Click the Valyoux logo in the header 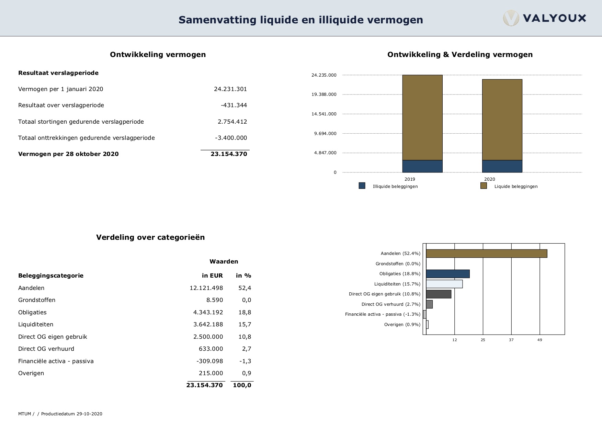tap(545, 18)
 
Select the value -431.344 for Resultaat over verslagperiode tap(234, 105)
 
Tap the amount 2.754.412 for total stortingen tap(232, 122)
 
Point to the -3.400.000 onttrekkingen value tap(231, 138)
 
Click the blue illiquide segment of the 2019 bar tap(422, 166)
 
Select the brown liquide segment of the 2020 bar tap(502, 120)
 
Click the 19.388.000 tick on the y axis tap(324, 94)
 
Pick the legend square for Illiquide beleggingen tap(362, 186)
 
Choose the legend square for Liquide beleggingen tap(484, 186)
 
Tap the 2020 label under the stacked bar tap(489, 179)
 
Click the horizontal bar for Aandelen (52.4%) tap(487, 254)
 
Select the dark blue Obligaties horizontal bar tap(448, 274)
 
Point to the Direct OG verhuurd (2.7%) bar tap(429, 304)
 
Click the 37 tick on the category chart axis tap(511, 340)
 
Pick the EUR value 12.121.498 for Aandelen tap(206, 288)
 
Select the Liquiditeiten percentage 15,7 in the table tap(245, 324)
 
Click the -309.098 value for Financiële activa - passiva tap(209, 361)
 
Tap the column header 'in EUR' tap(212, 276)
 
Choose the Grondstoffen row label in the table tap(37, 300)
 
